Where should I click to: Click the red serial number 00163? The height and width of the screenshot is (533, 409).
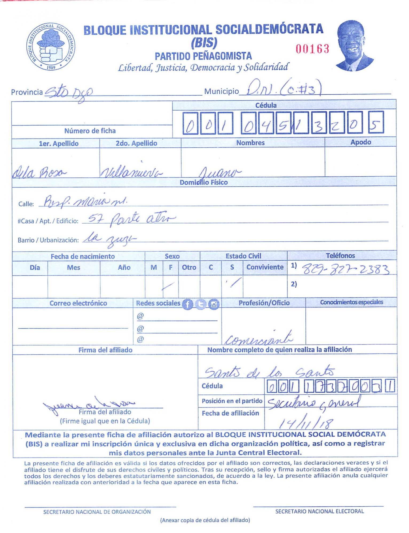tap(312, 49)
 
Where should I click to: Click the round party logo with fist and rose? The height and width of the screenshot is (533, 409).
tap(51, 47)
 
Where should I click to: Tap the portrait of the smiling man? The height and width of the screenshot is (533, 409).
tap(354, 46)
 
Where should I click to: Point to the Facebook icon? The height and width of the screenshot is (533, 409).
tap(187, 304)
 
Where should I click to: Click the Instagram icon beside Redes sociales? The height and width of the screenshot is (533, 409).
tap(214, 304)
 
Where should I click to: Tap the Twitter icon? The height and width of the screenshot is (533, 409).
tap(201, 304)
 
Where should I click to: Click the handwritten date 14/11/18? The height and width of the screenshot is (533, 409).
tap(306, 422)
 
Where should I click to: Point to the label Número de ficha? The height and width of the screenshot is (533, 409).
tap(90, 131)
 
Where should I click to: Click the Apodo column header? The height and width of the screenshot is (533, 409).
tap(360, 142)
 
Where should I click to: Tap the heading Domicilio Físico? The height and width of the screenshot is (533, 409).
tap(203, 183)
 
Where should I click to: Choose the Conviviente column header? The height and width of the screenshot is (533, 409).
tap(265, 267)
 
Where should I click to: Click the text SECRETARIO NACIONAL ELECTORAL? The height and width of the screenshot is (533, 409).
tap(319, 511)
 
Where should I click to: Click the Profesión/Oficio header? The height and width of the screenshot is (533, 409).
tap(264, 303)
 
